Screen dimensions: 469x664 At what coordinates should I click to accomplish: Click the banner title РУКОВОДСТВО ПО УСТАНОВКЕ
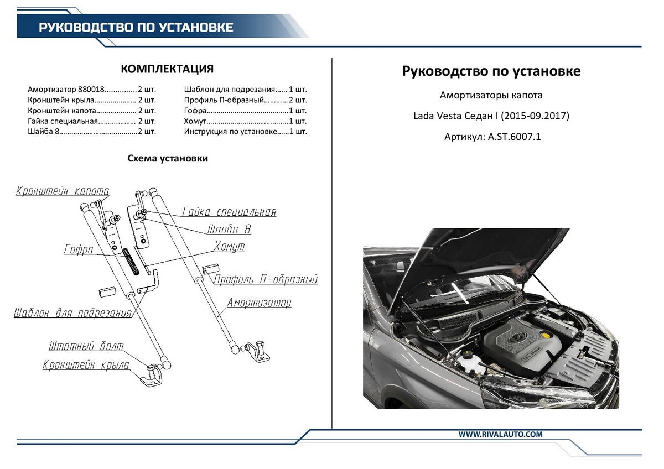(136, 27)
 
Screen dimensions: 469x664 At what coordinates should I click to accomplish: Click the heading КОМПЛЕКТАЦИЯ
(167, 69)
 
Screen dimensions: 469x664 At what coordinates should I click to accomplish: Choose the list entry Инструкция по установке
(229, 131)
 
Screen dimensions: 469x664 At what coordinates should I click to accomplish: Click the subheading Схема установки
(168, 158)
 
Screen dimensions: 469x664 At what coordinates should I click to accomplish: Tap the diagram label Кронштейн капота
(63, 191)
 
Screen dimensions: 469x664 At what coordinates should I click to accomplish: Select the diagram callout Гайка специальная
(229, 212)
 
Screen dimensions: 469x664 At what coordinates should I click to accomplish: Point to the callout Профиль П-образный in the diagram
(266, 279)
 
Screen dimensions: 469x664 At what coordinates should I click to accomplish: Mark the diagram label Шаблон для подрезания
(73, 313)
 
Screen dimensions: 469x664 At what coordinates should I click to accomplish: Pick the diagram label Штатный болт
(86, 347)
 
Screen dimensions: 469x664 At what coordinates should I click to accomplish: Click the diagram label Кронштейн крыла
(86, 366)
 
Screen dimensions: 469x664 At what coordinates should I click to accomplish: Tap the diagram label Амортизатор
(258, 303)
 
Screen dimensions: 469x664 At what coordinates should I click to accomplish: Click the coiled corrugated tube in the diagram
(132, 260)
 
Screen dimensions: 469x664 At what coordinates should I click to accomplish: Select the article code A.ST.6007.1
(514, 136)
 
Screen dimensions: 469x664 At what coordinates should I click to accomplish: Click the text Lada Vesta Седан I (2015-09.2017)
(491, 116)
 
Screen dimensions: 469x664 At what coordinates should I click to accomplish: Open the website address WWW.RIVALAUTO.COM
(500, 435)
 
